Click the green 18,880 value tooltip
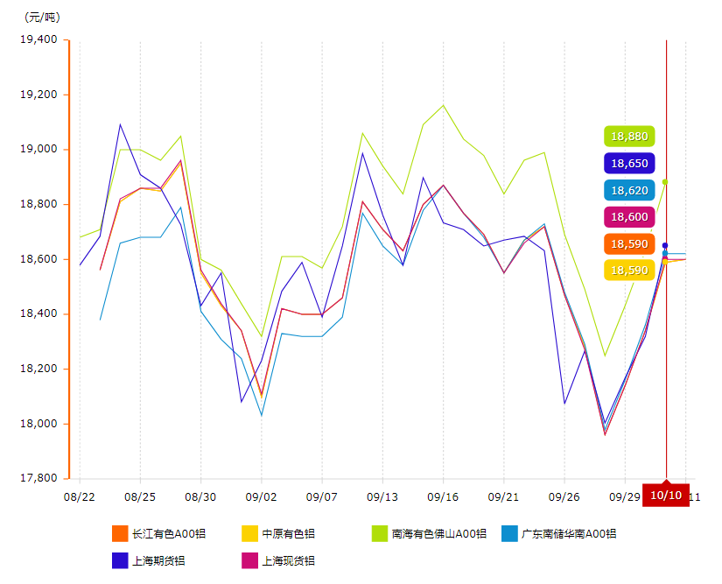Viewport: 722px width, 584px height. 629,137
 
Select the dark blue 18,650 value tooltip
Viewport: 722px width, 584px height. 629,164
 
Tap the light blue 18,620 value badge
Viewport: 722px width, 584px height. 629,190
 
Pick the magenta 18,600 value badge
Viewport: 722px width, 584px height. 629,217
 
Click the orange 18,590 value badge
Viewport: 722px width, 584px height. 629,243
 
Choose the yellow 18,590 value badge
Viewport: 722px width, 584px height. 629,271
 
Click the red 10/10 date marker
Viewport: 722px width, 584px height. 666,496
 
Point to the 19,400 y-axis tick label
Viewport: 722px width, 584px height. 39,39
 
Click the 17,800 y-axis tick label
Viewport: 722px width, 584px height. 39,479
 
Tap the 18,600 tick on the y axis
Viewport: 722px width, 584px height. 39,259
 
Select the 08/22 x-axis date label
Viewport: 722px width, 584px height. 80,496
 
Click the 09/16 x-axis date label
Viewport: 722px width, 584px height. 443,496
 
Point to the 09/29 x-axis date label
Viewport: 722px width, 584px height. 624,496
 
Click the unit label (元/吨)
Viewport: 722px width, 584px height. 42,18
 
